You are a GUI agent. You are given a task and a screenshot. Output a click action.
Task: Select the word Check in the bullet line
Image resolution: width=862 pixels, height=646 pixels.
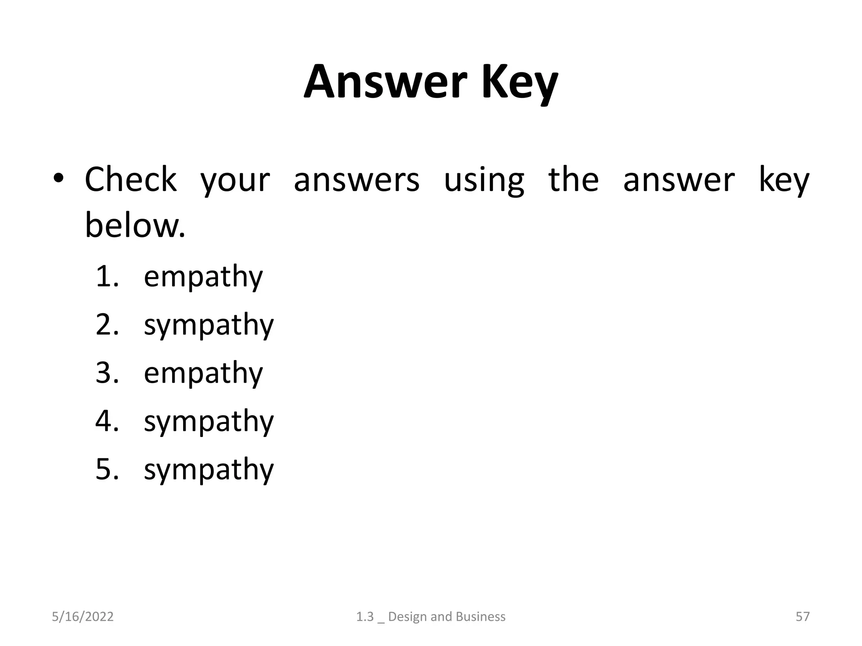130,180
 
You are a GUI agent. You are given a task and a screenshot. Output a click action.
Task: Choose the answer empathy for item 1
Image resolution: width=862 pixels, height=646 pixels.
203,278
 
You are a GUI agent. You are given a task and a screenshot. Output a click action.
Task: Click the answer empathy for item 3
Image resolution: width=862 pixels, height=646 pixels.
203,373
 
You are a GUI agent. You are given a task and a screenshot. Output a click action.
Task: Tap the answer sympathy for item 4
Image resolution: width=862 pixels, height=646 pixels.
209,422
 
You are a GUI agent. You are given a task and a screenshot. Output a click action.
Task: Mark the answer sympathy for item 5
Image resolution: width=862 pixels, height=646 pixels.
209,470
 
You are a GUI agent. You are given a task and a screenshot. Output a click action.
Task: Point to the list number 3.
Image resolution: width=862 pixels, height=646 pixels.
106,373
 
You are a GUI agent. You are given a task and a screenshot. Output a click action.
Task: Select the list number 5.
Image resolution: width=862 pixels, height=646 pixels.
106,469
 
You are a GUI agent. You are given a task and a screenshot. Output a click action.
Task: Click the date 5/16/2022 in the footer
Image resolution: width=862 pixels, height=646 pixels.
82,617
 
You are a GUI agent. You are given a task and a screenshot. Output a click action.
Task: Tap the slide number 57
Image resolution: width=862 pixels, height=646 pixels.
802,617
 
